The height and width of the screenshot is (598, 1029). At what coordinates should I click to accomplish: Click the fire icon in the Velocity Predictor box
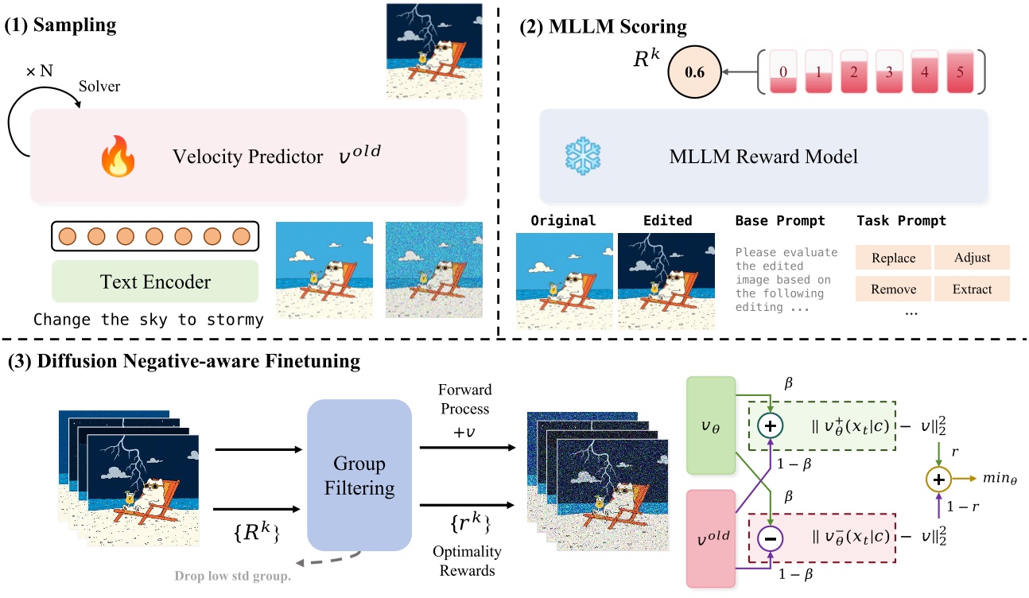(x=118, y=157)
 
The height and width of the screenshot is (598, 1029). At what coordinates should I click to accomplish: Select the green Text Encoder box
(x=155, y=281)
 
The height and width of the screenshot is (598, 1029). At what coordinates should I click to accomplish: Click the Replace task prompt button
(x=893, y=258)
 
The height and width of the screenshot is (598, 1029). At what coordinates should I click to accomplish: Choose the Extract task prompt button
(x=971, y=289)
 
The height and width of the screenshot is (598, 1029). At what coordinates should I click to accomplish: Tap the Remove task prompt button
(x=893, y=289)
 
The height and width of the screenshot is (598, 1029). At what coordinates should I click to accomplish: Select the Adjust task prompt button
(x=971, y=258)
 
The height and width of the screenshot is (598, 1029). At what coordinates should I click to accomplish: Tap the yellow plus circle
(x=938, y=480)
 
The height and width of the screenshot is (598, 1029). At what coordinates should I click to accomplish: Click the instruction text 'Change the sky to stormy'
(x=148, y=320)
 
